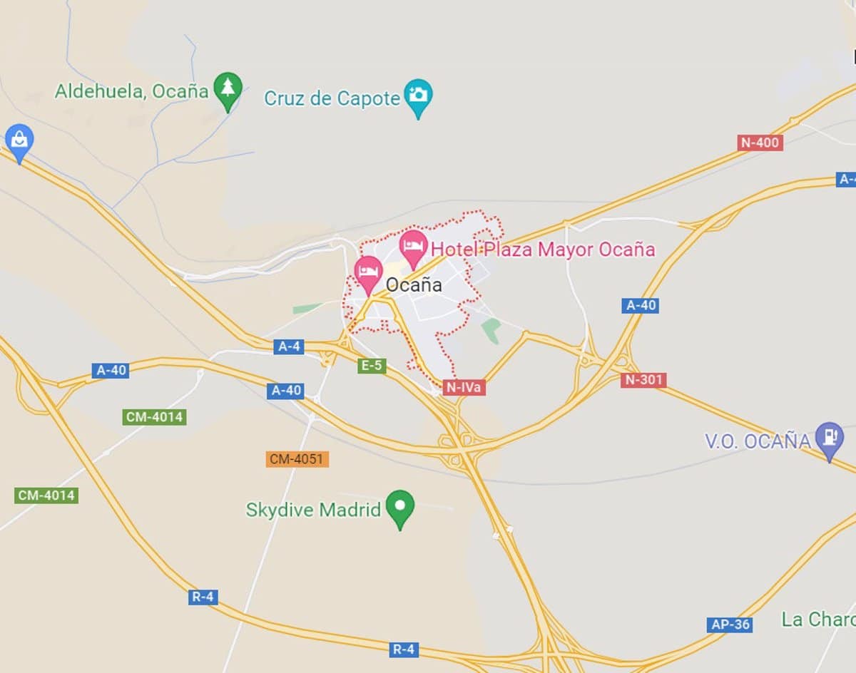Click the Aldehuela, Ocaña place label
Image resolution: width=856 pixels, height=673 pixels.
pos(131,91)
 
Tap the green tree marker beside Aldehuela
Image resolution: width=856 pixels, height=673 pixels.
pos(228,91)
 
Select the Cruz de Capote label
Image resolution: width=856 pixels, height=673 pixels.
pos(332,98)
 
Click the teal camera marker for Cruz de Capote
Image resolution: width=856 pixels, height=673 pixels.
pos(418,96)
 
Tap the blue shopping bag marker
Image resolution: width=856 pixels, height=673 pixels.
pos(19,142)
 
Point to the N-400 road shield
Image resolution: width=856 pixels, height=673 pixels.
pos(760,143)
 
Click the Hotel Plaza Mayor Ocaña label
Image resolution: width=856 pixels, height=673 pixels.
pos(543,250)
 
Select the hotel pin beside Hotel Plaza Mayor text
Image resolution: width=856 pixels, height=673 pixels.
pos(413,247)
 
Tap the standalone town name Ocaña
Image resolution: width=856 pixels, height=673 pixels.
pos(414,285)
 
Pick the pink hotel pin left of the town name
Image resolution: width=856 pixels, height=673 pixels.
pos(368,273)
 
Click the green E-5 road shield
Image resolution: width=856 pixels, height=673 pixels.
pos(372,366)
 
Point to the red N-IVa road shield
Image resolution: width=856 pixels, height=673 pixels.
pos(464,387)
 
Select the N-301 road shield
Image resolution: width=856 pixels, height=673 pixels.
pos(643,380)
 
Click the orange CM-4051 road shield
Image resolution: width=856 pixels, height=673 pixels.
pos(297,459)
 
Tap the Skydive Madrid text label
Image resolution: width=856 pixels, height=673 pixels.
pos(313,510)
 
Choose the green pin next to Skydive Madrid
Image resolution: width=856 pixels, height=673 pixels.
pos(399,508)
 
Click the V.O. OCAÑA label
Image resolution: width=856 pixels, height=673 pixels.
pos(758,441)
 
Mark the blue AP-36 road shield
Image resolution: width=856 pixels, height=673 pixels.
pos(730,625)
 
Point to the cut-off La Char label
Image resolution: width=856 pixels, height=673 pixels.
pos(818,619)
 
